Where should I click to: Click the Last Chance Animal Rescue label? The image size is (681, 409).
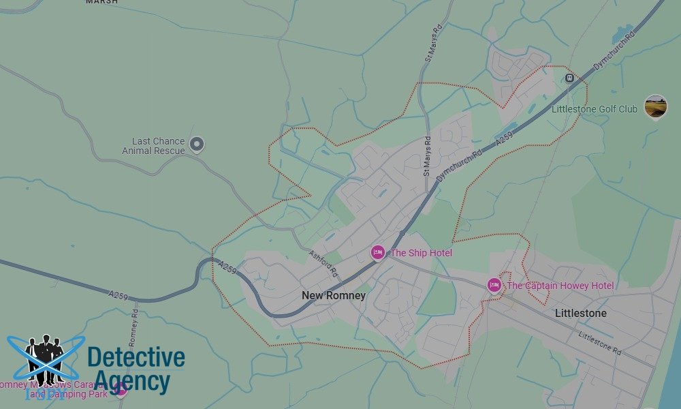coord(158,146)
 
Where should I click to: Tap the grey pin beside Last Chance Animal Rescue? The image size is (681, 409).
coord(197,145)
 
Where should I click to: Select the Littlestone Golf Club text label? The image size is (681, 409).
coord(595,109)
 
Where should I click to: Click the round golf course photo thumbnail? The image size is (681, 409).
coord(656,106)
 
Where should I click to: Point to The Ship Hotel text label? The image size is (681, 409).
coord(421,253)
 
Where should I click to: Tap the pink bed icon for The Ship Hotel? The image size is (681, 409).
coord(378,253)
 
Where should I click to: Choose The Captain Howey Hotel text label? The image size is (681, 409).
coord(560,286)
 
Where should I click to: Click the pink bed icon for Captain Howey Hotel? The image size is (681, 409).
coord(494,286)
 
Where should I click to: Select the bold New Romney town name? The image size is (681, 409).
coord(334,296)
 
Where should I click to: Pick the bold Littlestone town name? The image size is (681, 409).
coord(581,314)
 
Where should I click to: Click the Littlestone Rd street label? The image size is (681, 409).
coord(600,344)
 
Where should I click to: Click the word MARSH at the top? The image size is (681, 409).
coord(102,3)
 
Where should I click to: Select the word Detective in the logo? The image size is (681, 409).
coord(136,357)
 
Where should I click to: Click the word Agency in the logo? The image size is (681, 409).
coord(131,381)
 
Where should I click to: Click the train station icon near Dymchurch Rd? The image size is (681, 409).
coord(569,78)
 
